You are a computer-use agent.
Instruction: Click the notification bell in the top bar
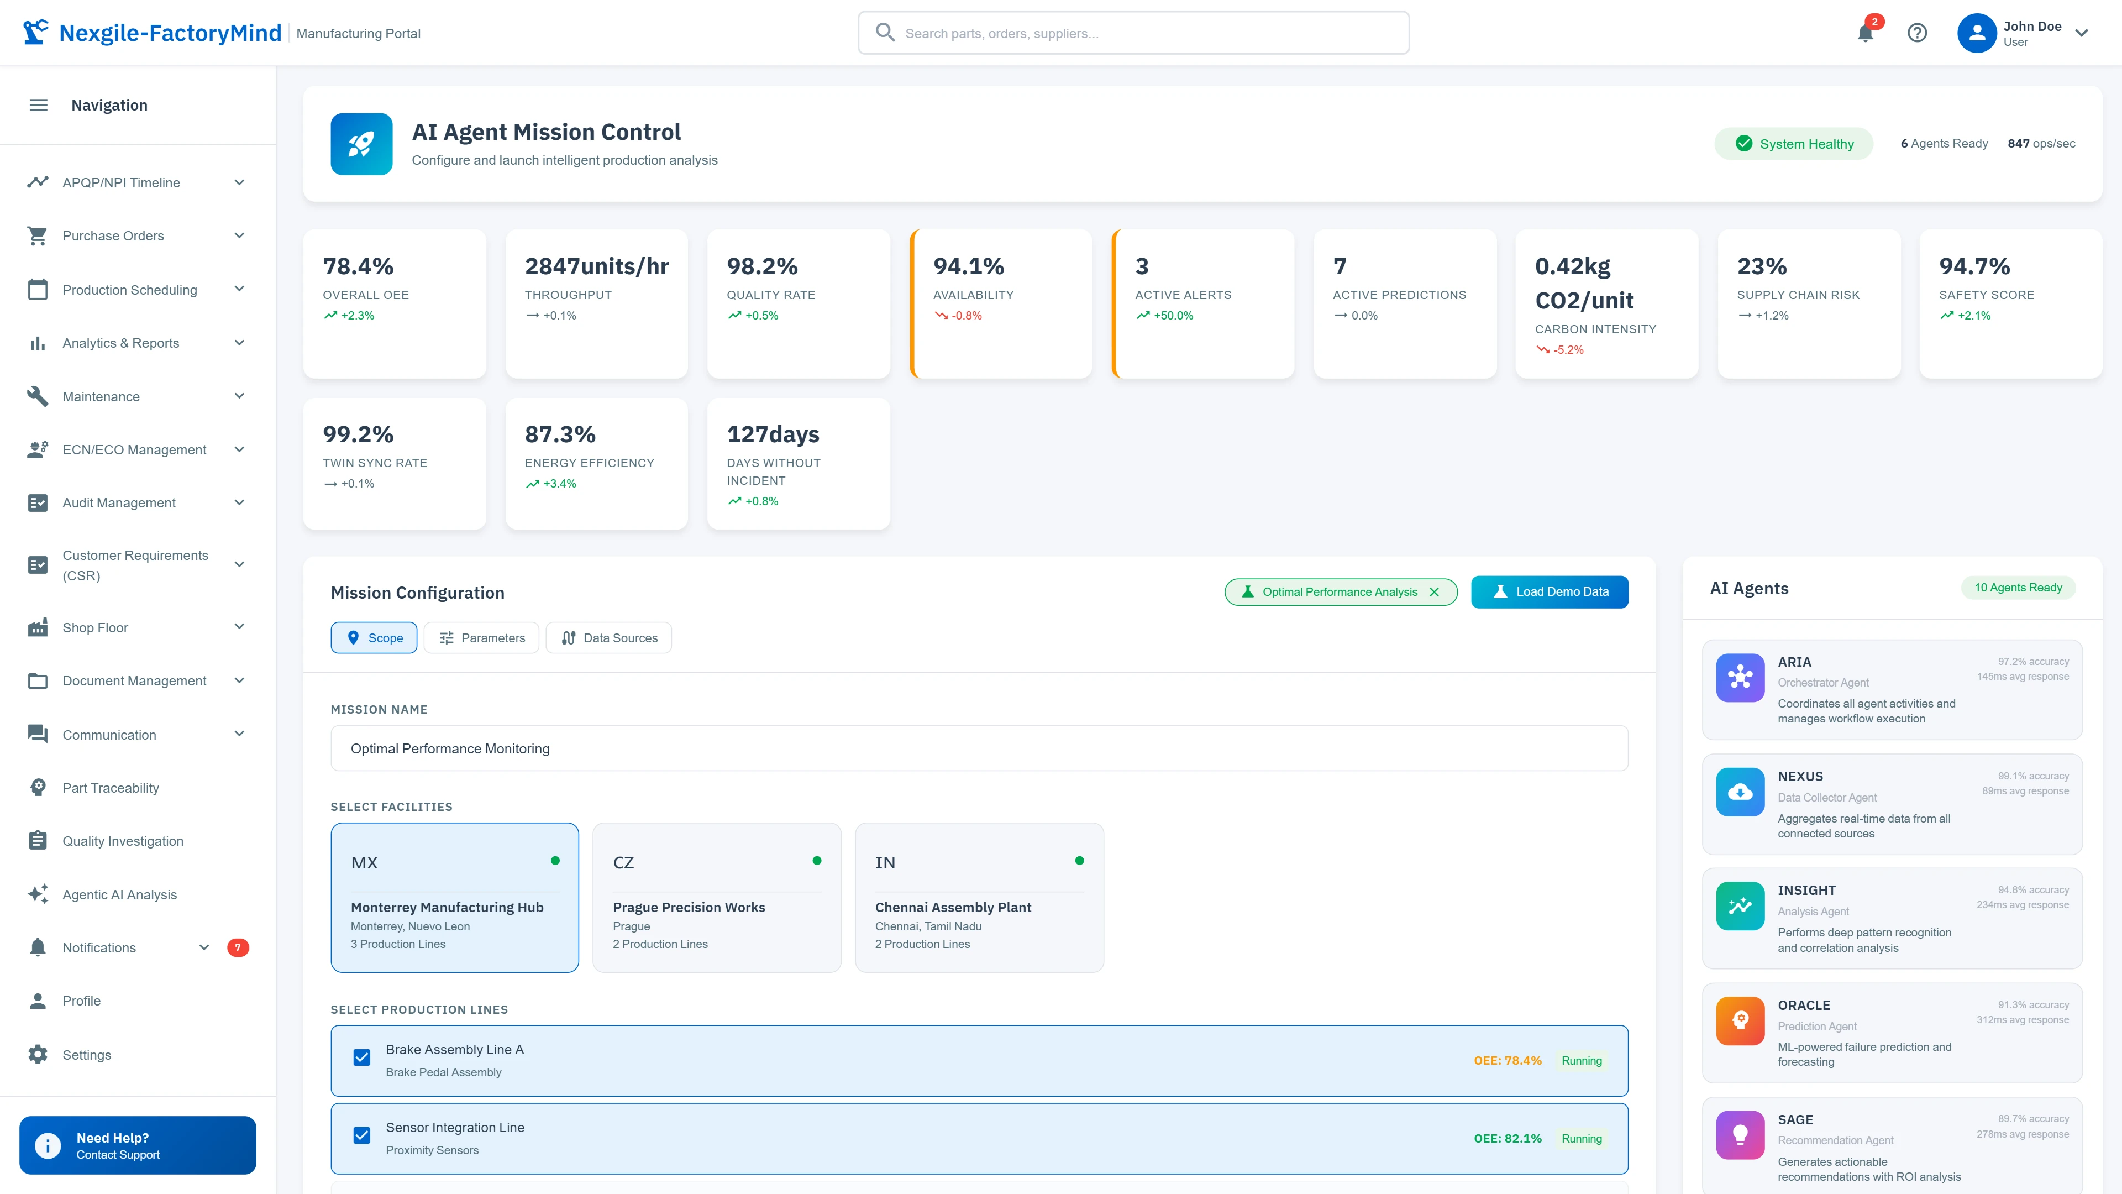pyautogui.click(x=1865, y=33)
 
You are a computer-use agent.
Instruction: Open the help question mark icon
pyautogui.click(x=1917, y=33)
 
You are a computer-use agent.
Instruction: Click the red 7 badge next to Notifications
pyautogui.click(x=237, y=947)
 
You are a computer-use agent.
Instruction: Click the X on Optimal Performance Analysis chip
pyautogui.click(x=1434, y=591)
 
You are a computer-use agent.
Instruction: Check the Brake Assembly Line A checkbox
pyautogui.click(x=361, y=1057)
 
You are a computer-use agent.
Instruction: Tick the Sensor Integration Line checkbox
pyautogui.click(x=361, y=1135)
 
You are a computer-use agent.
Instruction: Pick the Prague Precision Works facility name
pyautogui.click(x=689, y=907)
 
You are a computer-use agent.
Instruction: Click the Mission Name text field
pyautogui.click(x=979, y=748)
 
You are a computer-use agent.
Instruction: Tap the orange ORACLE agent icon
pyautogui.click(x=1740, y=1020)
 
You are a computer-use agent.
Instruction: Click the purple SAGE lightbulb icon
pyautogui.click(x=1740, y=1135)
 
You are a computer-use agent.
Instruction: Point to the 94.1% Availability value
pyautogui.click(x=968, y=266)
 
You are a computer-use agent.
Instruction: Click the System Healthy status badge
pyautogui.click(x=1794, y=143)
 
